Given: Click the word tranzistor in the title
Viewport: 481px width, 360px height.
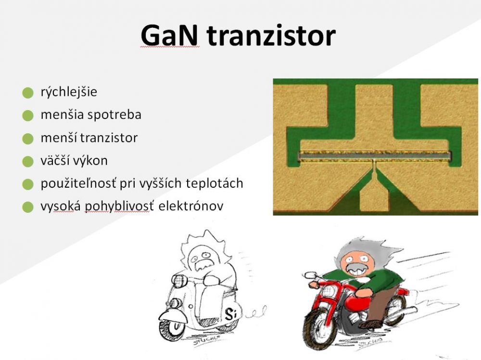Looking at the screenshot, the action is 271,35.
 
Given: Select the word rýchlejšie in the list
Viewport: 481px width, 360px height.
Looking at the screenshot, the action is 69,92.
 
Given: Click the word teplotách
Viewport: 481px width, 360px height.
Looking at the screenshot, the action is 214,183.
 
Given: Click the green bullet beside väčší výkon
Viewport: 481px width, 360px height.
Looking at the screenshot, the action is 28,161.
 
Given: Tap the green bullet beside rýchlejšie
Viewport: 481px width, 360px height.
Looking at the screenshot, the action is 28,93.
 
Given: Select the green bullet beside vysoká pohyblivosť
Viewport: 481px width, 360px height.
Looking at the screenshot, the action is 28,207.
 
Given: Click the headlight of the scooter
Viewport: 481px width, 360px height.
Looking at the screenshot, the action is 178,280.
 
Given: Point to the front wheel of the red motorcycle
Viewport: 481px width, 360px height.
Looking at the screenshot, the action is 319,329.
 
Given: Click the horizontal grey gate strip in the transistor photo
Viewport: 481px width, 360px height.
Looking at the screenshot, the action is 375,156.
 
